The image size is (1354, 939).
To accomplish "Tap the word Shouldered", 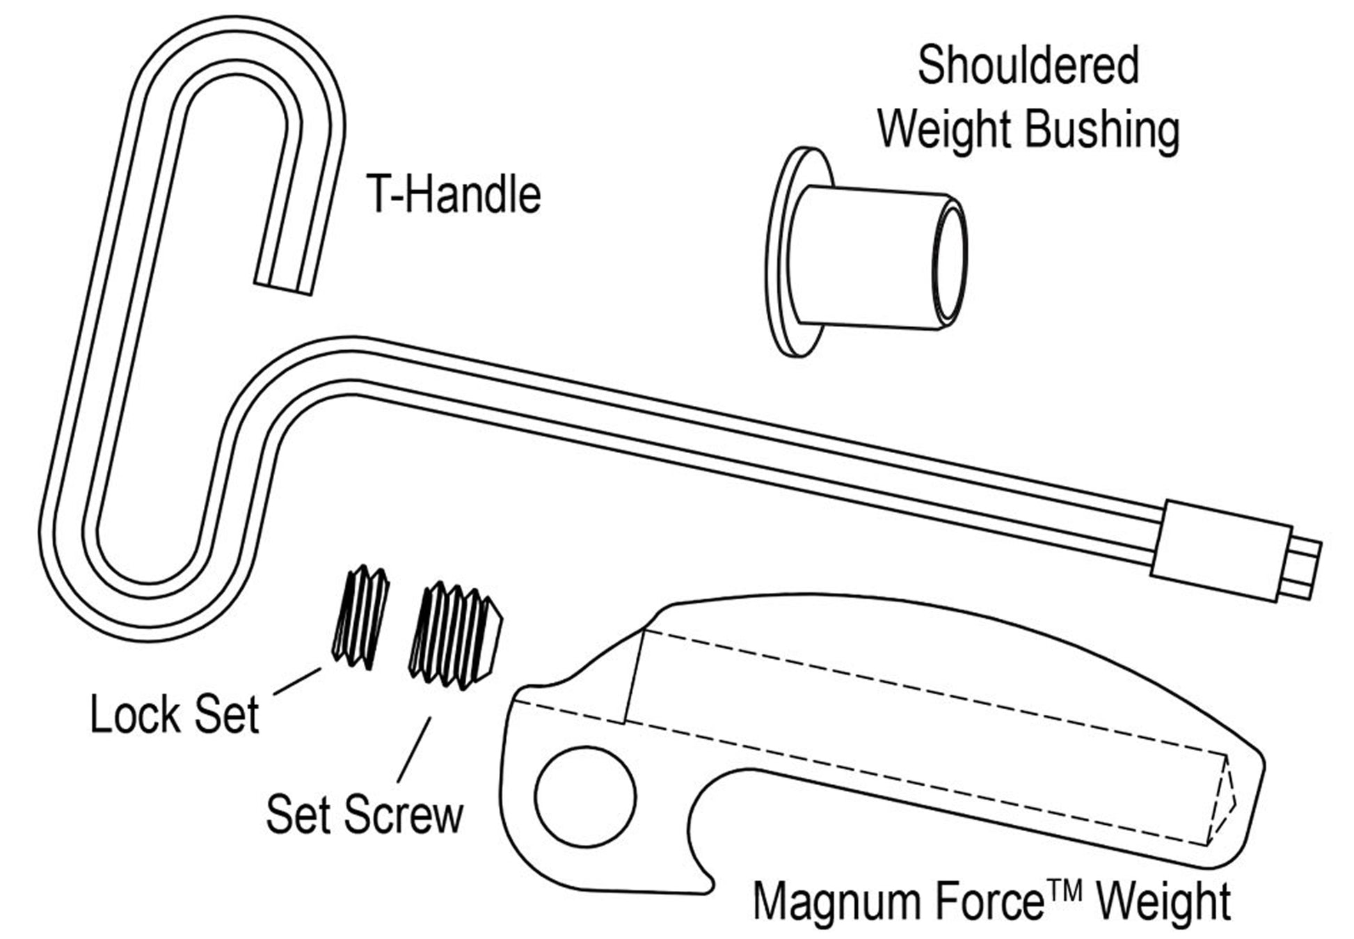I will tap(1028, 66).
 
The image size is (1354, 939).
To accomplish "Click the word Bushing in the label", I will tap(1103, 129).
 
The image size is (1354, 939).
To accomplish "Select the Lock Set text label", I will tap(174, 714).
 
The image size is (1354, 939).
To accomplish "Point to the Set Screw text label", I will tap(364, 814).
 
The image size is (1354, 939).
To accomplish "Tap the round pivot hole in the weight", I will tap(585, 796).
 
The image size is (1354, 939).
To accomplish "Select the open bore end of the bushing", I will tap(949, 262).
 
